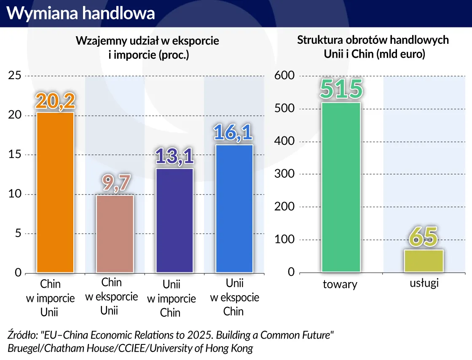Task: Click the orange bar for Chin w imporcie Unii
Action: (55, 192)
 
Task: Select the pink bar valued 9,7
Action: (115, 234)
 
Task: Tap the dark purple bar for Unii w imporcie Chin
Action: (174, 220)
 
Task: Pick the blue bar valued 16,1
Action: (234, 208)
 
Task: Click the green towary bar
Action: (341, 187)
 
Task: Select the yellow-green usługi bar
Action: (424, 261)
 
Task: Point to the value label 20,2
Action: (55, 101)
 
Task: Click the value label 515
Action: (341, 89)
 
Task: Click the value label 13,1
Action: (174, 157)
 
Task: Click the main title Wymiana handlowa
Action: (81, 13)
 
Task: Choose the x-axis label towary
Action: (340, 285)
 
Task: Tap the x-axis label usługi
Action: (424, 283)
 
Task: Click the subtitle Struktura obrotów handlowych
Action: (373, 40)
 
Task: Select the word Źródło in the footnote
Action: (22, 335)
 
